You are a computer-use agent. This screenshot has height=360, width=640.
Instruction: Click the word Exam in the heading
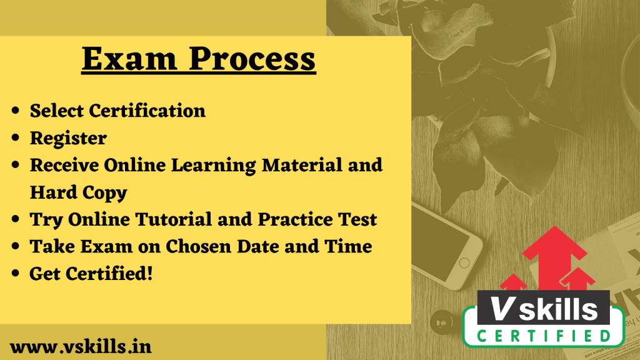pyautogui.click(x=129, y=59)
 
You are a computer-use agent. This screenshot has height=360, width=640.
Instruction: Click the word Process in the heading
pyautogui.click(x=252, y=59)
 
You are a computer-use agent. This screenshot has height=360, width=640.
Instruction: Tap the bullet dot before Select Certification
pyautogui.click(x=16, y=111)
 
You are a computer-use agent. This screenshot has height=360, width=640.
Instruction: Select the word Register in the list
pyautogui.click(x=68, y=139)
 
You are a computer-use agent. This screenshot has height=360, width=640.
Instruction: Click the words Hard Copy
pyautogui.click(x=78, y=193)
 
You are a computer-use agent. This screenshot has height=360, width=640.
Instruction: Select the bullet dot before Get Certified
pyautogui.click(x=16, y=274)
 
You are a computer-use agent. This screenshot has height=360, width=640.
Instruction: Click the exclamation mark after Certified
pyautogui.click(x=149, y=274)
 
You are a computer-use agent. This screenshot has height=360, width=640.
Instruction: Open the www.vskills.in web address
pyautogui.click(x=81, y=347)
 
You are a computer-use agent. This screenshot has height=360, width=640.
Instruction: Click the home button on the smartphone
pyautogui.click(x=464, y=262)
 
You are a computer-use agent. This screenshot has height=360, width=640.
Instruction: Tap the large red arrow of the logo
pyautogui.click(x=554, y=257)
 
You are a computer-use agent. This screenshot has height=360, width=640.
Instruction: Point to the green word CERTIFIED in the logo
pyautogui.click(x=544, y=336)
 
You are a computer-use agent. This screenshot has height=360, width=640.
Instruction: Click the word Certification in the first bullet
pyautogui.click(x=147, y=111)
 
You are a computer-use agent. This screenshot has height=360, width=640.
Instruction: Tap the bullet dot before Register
pyautogui.click(x=16, y=138)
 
